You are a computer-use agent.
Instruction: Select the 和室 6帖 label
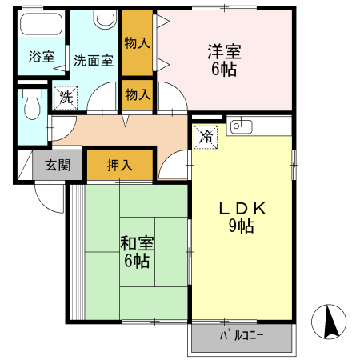[135, 250]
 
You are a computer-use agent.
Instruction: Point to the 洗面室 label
[94, 59]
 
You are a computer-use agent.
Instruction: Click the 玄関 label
[57, 166]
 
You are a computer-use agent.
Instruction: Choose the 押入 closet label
[119, 166]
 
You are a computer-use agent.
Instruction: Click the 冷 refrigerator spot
[206, 136]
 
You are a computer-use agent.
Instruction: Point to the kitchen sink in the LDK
[242, 126]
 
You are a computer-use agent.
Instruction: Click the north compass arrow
[329, 322]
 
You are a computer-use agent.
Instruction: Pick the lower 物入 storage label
[138, 94]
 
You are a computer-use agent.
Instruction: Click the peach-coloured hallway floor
[120, 130]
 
